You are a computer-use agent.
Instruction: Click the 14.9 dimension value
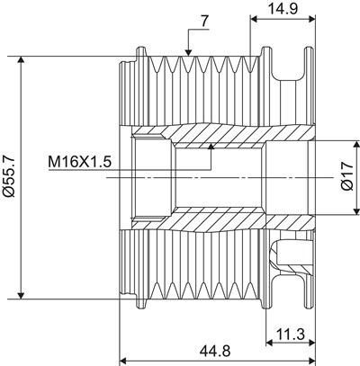click(283, 8)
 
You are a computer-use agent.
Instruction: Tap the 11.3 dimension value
click(291, 334)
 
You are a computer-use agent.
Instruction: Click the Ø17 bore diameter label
click(347, 177)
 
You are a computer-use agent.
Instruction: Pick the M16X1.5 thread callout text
click(80, 162)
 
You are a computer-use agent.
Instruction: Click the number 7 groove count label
click(204, 22)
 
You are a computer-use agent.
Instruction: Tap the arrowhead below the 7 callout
click(188, 52)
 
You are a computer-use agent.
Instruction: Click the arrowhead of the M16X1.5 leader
click(211, 147)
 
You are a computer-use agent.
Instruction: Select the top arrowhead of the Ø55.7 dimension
click(21, 60)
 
